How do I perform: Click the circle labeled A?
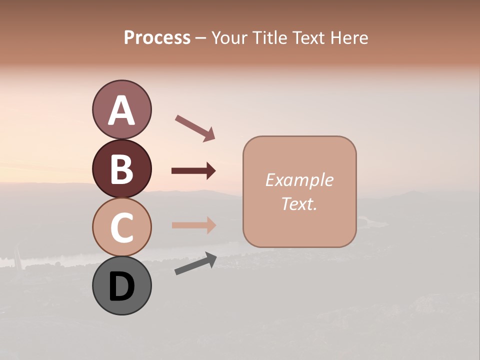(x=121, y=109)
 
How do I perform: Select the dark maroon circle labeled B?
(x=121, y=168)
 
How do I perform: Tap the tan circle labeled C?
(x=121, y=227)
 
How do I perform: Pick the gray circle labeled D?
(x=121, y=286)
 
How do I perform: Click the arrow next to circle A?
(x=195, y=127)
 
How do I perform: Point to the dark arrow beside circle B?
(x=193, y=171)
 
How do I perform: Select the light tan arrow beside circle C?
(x=193, y=225)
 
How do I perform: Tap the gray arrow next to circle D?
(x=195, y=263)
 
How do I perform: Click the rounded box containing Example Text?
(x=299, y=191)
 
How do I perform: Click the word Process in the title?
(x=157, y=38)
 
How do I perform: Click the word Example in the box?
(x=299, y=180)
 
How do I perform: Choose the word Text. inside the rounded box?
(x=299, y=204)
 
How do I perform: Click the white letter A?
(x=121, y=110)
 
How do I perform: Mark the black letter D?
(x=121, y=287)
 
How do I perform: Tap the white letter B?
(x=121, y=169)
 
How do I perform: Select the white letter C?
(x=121, y=228)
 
